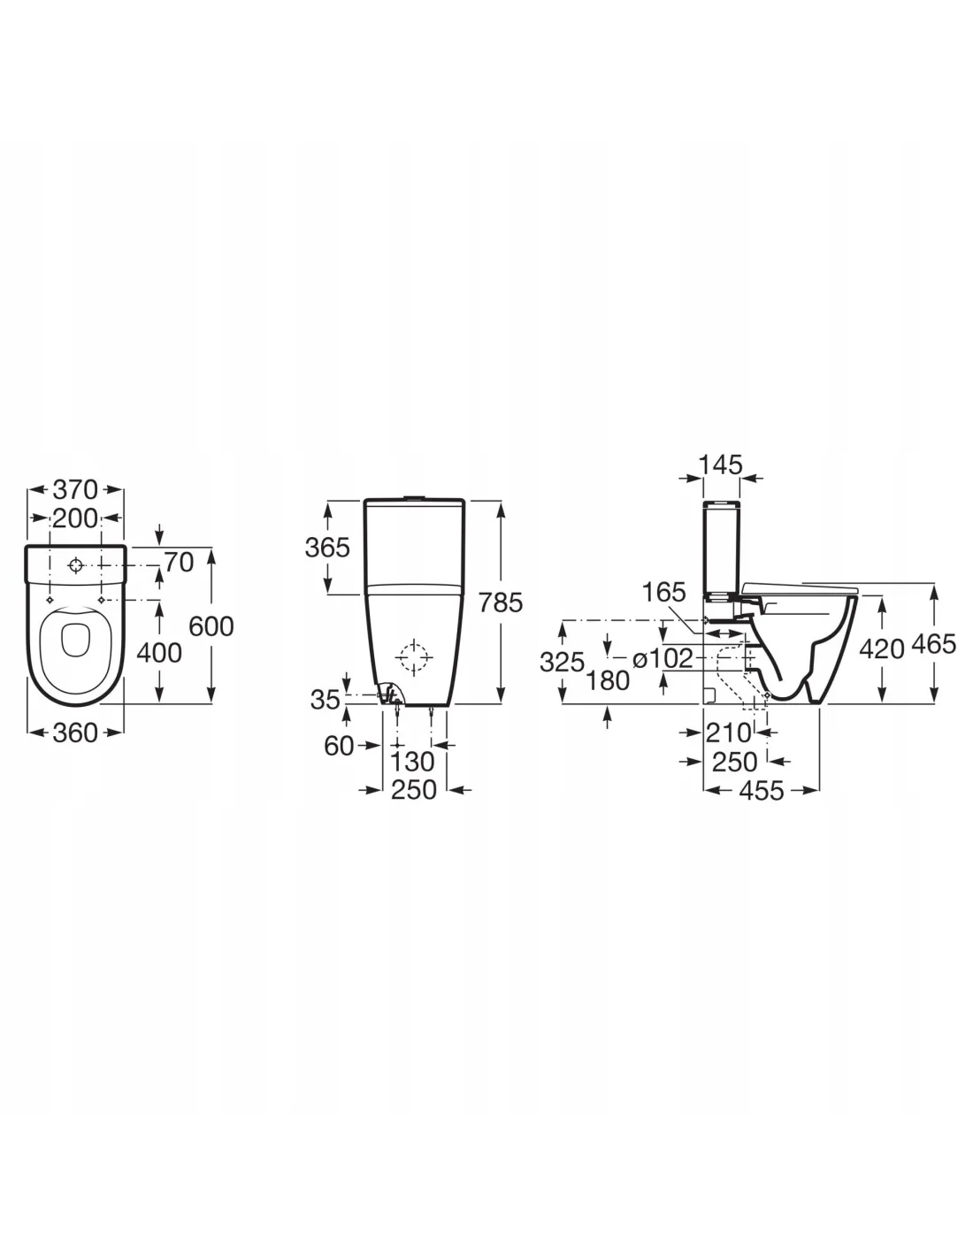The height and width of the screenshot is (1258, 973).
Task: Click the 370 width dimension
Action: (x=75, y=490)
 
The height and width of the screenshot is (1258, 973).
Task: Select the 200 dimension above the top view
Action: (x=75, y=518)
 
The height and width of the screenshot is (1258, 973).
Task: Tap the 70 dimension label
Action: (x=179, y=562)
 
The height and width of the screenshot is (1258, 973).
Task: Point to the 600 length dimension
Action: (x=211, y=626)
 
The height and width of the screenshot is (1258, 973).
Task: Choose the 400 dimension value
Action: (x=159, y=653)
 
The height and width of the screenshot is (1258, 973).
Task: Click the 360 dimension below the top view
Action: (x=75, y=733)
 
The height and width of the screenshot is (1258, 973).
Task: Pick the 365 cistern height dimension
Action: (x=327, y=547)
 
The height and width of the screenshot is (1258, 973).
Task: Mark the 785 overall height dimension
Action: (x=500, y=602)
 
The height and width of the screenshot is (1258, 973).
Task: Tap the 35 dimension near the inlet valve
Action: (x=326, y=700)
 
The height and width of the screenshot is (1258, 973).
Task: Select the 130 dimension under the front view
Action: (x=412, y=762)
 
